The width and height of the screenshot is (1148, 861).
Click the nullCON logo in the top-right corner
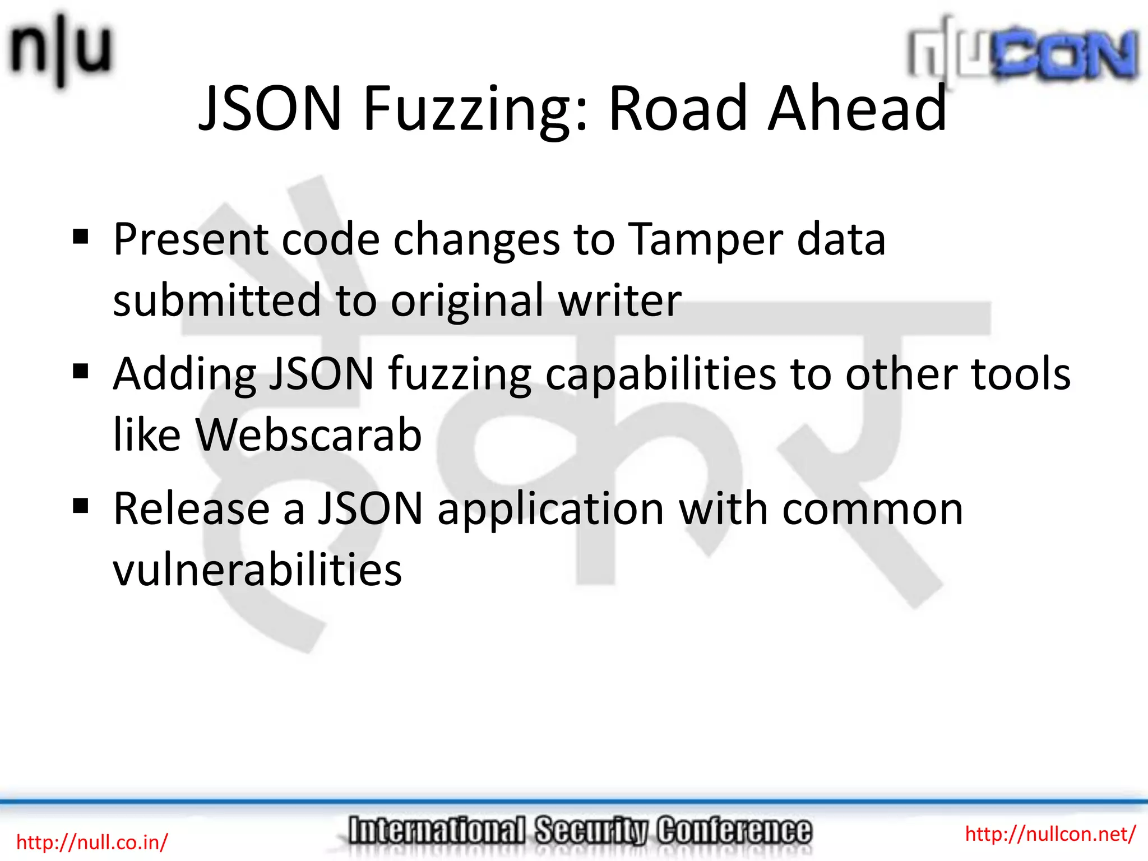click(x=1024, y=54)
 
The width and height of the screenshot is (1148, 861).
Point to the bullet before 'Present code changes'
click(x=81, y=237)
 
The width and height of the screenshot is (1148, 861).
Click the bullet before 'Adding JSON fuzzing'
click(x=81, y=372)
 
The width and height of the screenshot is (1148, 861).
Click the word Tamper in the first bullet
click(x=705, y=240)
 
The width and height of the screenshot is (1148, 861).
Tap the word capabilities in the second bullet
click(x=661, y=374)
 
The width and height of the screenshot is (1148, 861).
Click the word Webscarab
click(x=308, y=435)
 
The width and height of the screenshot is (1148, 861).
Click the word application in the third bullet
click(x=550, y=510)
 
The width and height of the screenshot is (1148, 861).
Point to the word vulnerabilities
click(x=257, y=570)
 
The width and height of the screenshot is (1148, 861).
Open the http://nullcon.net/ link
click(x=1050, y=834)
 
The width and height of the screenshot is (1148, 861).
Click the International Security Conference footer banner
click(x=580, y=831)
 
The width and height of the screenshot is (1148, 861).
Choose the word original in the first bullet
click(x=467, y=302)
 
